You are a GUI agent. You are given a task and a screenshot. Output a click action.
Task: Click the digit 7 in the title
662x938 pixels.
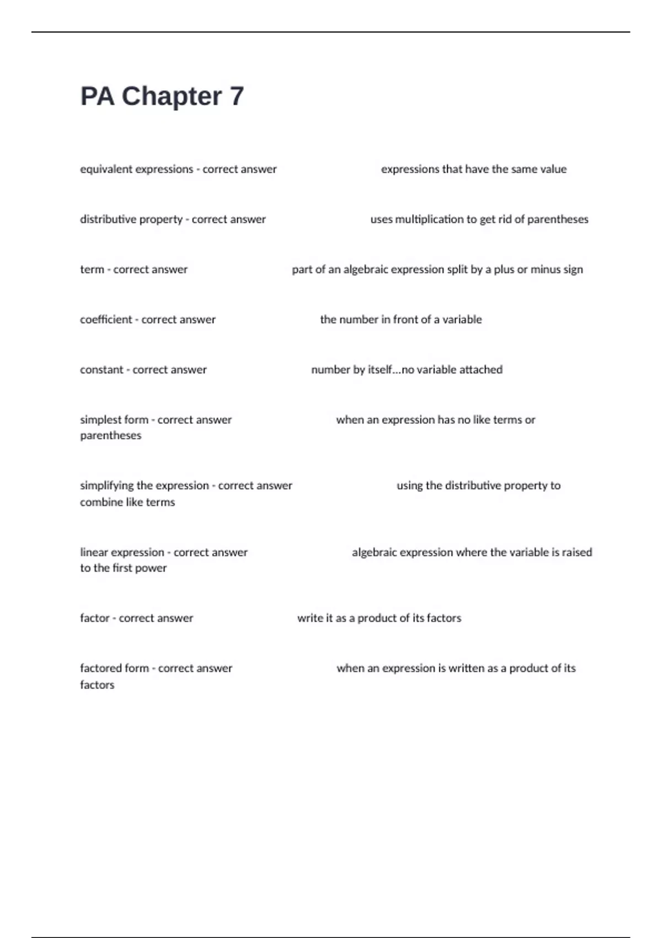click(236, 97)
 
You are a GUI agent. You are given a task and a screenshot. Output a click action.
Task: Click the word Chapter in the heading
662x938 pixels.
click(172, 97)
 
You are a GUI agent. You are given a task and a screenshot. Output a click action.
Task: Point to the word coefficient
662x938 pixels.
click(106, 319)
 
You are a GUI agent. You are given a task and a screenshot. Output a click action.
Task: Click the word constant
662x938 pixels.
click(102, 370)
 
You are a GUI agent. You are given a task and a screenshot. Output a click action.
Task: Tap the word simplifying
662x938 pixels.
click(106, 486)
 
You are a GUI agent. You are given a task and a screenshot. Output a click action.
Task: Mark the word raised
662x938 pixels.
click(577, 552)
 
